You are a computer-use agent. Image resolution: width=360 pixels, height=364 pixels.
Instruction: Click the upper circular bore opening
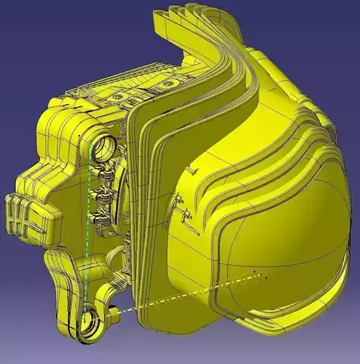click(102, 148)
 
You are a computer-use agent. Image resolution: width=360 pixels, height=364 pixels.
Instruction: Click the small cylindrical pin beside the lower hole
click(114, 315)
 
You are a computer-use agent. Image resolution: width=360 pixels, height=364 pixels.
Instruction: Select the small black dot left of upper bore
click(78, 136)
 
